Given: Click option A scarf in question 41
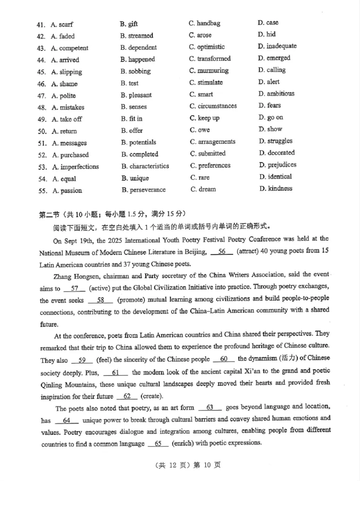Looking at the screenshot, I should (x=62, y=24).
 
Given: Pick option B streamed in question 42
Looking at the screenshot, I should (x=137, y=36).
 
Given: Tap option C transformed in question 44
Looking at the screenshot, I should (x=210, y=58).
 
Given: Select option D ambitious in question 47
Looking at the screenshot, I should (x=276, y=94).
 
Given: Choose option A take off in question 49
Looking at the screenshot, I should (x=67, y=119).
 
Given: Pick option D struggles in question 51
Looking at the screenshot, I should (x=275, y=141).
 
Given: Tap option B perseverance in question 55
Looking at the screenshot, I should (x=144, y=190).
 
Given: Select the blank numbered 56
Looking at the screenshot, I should (x=221, y=252).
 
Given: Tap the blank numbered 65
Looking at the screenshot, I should (x=157, y=442).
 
